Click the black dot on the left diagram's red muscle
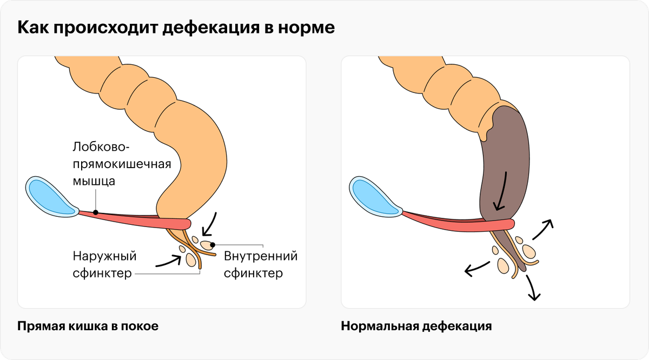tap(96, 212)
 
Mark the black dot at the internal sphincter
tap(213, 245)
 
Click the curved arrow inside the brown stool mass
tap(500, 192)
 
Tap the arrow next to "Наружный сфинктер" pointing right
tap(168, 262)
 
